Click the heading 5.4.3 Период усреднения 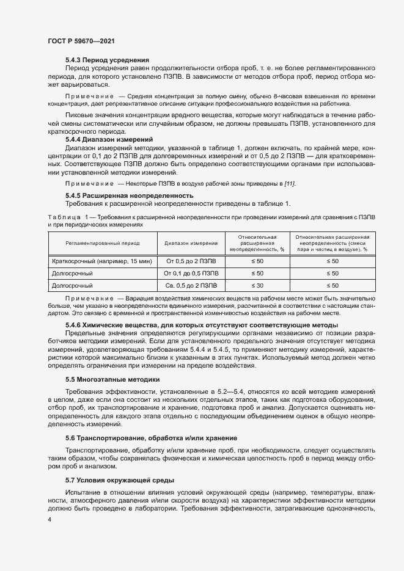pos(108,60)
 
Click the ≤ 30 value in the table pos(258,285)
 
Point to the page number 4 pos(49,519)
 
